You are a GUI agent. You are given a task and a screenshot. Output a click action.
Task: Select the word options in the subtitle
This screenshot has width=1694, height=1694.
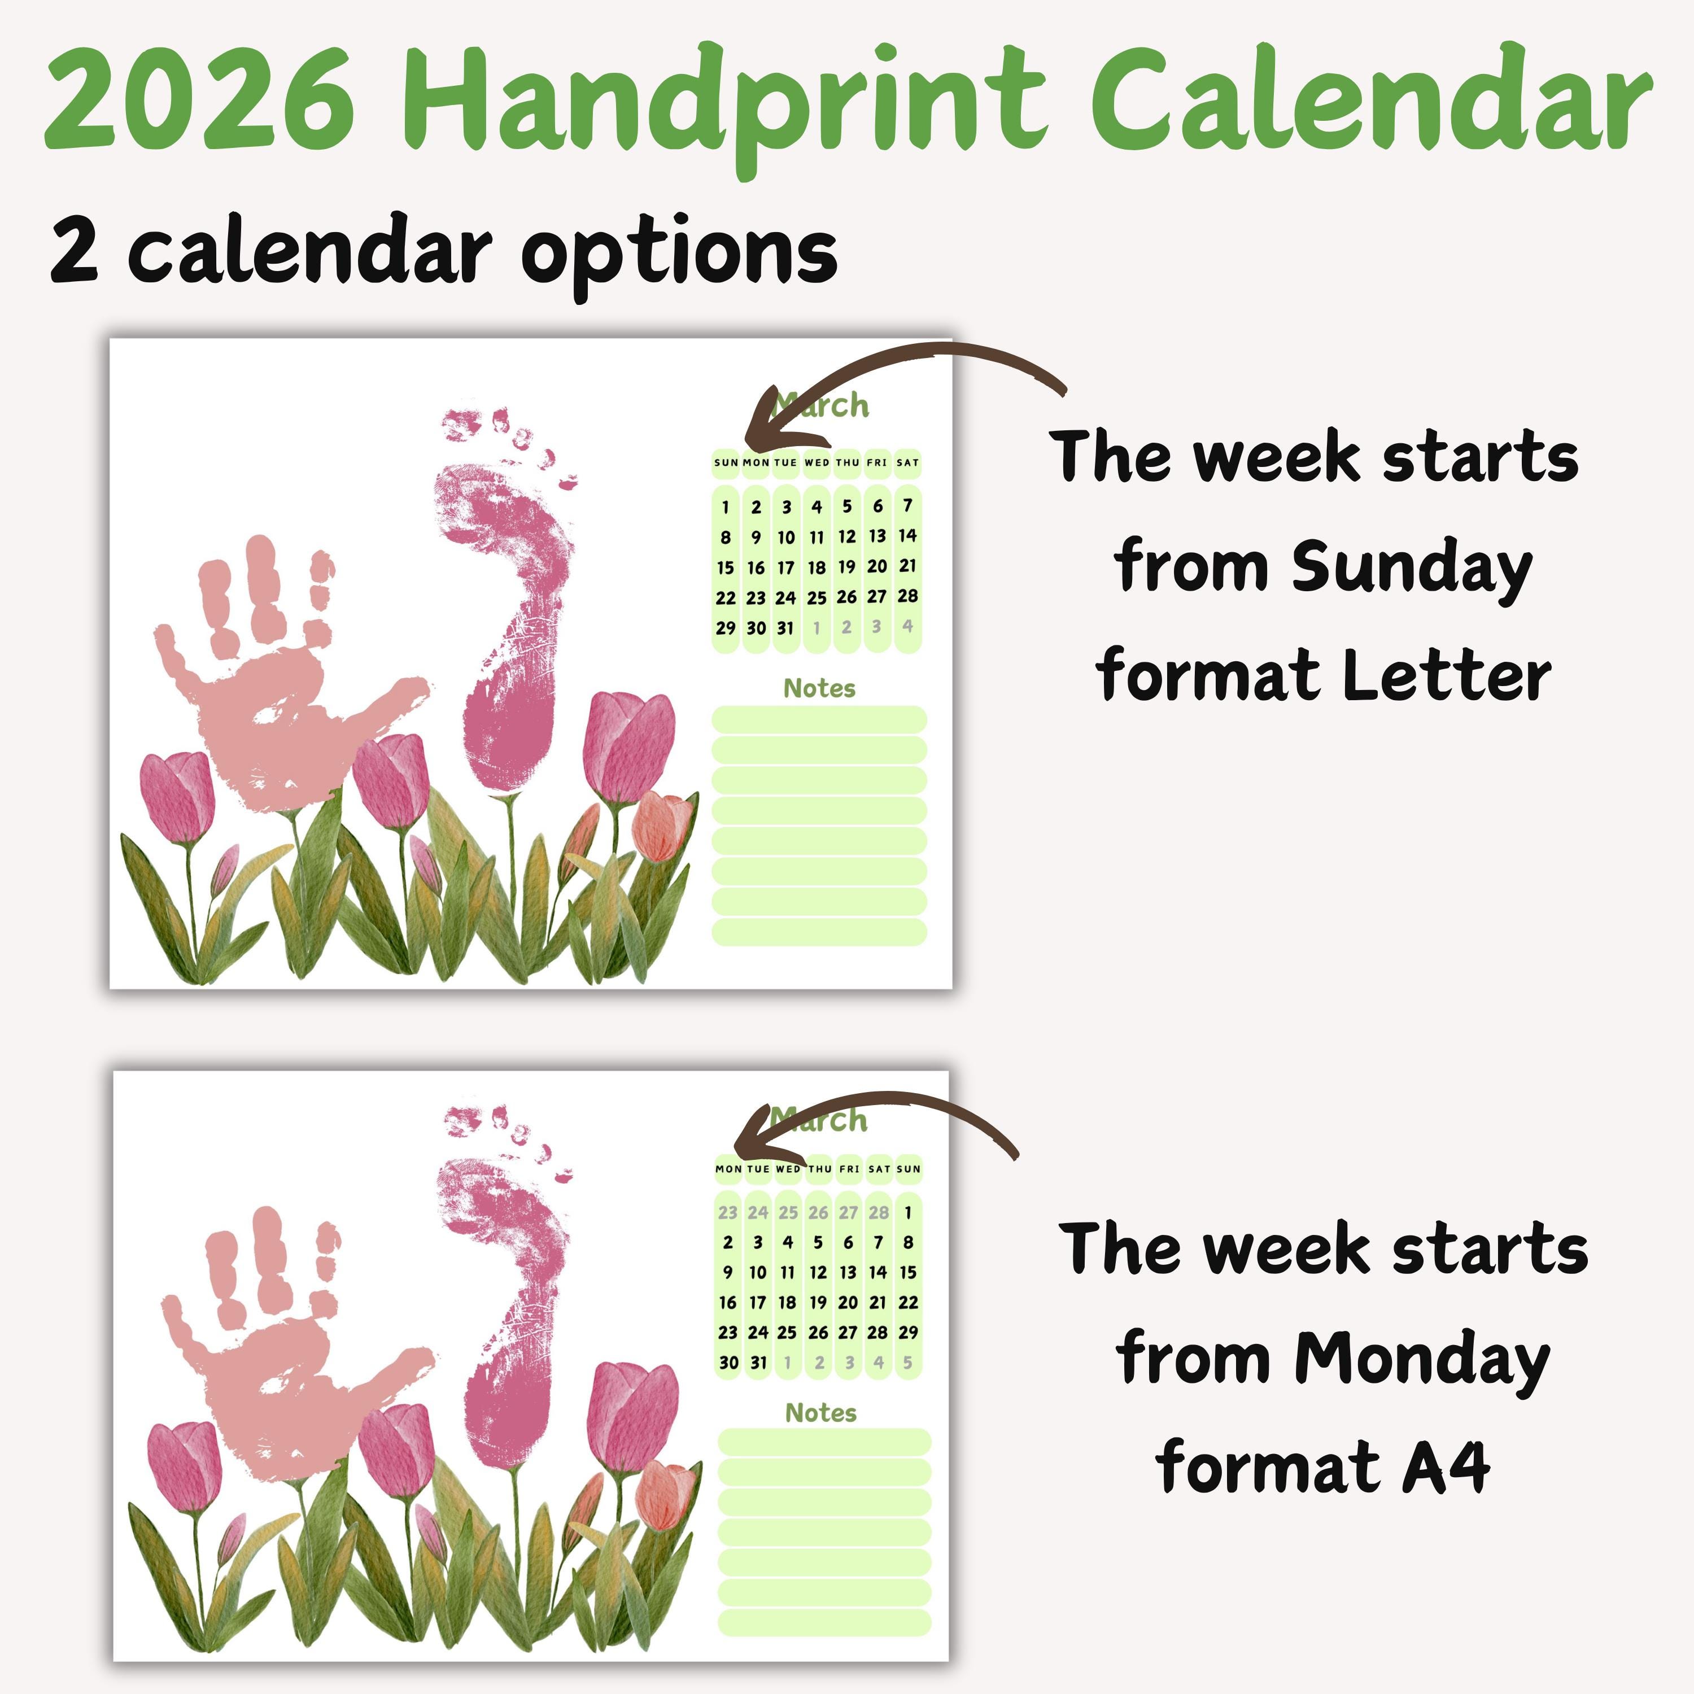pos(679,254)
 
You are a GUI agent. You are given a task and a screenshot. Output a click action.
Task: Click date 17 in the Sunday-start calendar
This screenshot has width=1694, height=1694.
pos(785,567)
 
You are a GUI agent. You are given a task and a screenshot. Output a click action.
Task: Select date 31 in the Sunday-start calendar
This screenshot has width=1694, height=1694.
pos(785,628)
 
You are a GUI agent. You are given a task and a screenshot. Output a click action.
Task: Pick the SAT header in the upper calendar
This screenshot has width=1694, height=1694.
pos(907,462)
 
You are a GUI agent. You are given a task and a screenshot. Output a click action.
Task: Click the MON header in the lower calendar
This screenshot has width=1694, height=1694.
pos(728,1169)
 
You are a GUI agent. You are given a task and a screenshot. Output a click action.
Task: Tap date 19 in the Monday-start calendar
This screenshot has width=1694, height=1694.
pos(817,1302)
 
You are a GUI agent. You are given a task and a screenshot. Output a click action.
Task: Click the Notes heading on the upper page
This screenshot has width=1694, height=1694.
pos(819,688)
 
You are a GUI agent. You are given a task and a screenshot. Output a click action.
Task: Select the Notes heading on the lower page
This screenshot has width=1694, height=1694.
pos(820,1413)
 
